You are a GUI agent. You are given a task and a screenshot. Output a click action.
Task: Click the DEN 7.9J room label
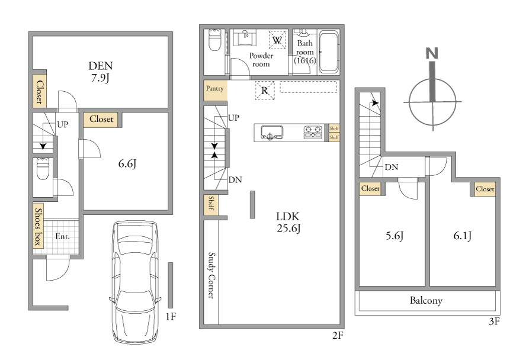click(101, 72)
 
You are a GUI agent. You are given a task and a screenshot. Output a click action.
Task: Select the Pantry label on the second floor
click(215, 88)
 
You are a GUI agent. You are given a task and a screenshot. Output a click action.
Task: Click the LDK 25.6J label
click(288, 222)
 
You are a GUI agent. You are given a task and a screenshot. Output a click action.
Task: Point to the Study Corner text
click(211, 275)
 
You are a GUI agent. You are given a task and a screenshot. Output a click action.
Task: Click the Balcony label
click(426, 300)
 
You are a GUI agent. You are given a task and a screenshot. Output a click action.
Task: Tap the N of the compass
click(432, 54)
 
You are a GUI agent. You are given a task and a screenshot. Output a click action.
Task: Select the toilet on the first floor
click(43, 169)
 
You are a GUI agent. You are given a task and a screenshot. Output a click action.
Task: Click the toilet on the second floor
click(214, 40)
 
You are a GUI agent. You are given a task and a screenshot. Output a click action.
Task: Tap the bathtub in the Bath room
click(329, 52)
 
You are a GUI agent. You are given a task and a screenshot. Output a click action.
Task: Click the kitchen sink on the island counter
click(271, 133)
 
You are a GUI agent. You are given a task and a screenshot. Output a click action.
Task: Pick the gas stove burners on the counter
click(313, 132)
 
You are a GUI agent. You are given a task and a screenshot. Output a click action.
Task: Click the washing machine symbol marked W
click(277, 40)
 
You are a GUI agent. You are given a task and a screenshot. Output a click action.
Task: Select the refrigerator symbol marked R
click(265, 91)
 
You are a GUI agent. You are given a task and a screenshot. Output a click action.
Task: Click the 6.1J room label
click(462, 236)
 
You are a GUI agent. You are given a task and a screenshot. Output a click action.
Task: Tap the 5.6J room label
click(395, 236)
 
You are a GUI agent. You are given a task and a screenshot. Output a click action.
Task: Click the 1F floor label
click(171, 317)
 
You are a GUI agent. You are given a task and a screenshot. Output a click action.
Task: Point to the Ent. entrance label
click(62, 236)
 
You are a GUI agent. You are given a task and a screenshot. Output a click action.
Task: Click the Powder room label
click(261, 60)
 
